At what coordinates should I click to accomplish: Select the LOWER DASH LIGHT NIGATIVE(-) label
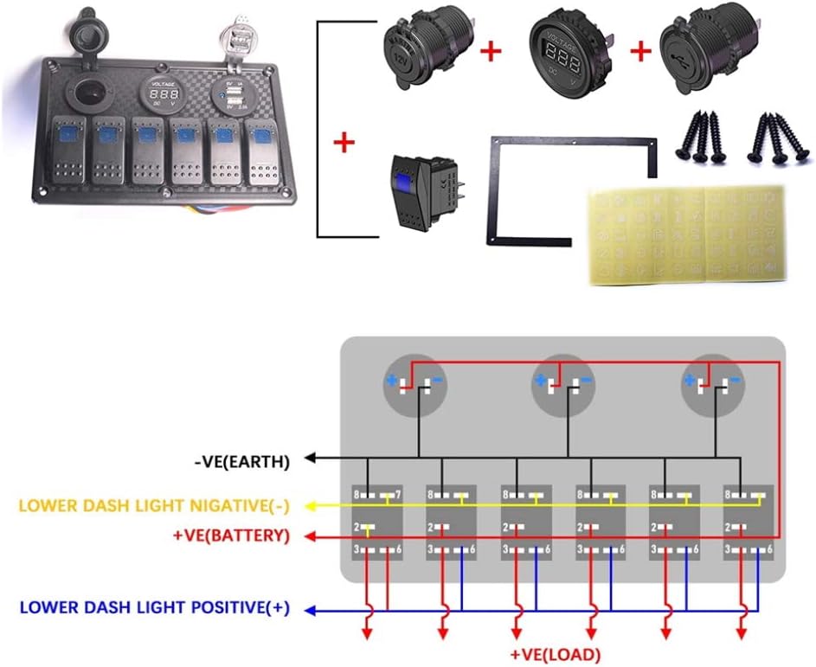[151, 504]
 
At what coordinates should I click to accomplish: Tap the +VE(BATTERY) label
[230, 536]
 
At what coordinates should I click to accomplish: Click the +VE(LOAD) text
[556, 654]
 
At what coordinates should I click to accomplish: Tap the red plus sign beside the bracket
[344, 142]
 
